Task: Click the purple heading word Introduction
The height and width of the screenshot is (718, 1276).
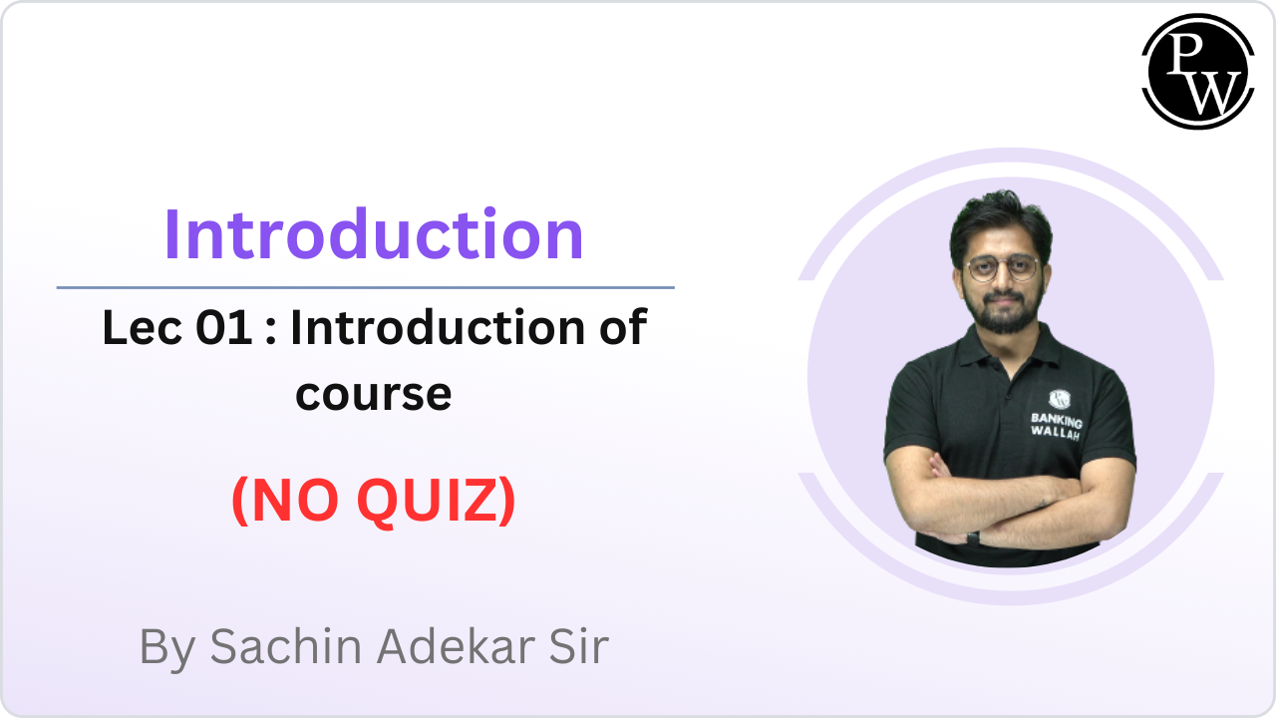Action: pos(374,235)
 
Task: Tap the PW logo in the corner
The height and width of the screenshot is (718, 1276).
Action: pos(1197,71)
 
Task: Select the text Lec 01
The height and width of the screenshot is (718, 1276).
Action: pos(176,328)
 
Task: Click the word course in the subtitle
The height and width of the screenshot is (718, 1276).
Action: pos(374,394)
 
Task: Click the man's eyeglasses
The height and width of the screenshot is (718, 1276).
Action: pos(1002,268)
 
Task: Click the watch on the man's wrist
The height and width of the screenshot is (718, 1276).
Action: pos(973,537)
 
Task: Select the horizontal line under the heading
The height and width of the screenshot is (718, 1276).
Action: pos(365,287)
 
